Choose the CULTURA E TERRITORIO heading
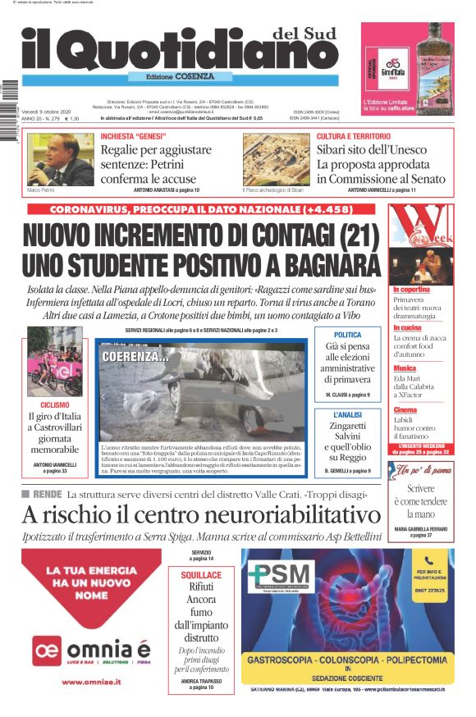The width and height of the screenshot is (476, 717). coord(354,136)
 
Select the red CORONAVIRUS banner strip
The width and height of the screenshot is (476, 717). coord(205,210)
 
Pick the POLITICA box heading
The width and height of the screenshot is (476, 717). coord(347,336)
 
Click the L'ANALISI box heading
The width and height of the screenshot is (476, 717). coord(347,416)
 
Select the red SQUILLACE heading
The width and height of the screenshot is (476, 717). coord(201,575)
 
